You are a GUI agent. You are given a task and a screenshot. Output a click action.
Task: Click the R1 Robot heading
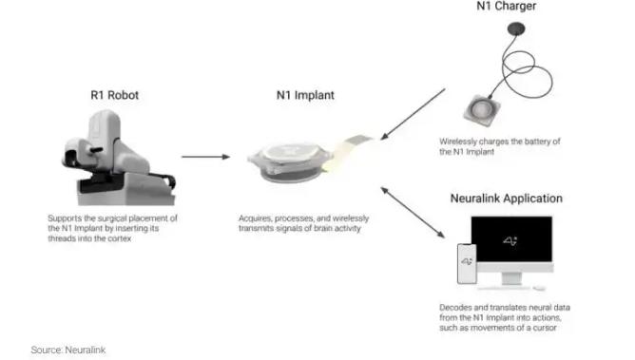pos(115,95)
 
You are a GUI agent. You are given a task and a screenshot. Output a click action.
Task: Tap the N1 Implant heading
pos(305,95)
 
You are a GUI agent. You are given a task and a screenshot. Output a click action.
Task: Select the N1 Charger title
pos(507,6)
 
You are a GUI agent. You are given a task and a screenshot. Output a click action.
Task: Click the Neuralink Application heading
pos(507,199)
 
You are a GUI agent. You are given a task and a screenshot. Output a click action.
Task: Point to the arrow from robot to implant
pos(205,157)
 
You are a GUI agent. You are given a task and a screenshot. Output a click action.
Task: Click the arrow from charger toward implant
pos(413,115)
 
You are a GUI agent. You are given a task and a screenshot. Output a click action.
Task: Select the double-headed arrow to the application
pos(413,212)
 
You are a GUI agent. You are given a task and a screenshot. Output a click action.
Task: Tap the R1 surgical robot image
pos(119,158)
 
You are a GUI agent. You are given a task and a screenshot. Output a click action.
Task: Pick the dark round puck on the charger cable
pos(516,28)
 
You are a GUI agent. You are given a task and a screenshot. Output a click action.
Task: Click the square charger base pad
pos(482,109)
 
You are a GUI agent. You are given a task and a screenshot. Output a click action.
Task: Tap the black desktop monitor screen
pos(511,238)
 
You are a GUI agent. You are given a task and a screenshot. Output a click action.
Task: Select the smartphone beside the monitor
pos(467,263)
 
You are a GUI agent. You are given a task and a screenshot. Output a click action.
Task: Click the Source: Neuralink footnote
pos(68,350)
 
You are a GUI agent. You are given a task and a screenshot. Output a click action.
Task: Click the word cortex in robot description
pos(120,238)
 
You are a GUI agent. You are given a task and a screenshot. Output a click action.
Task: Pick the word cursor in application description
pos(545,328)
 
